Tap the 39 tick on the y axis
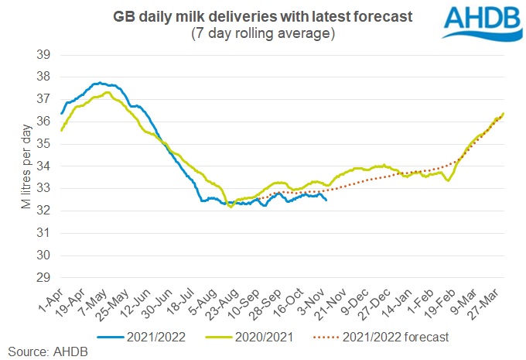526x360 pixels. tap(44, 54)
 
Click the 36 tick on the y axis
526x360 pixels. tap(44, 121)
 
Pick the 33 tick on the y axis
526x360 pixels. tap(44, 188)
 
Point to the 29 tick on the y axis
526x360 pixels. tap(44, 277)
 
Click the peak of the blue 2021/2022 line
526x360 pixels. tap(99, 83)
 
